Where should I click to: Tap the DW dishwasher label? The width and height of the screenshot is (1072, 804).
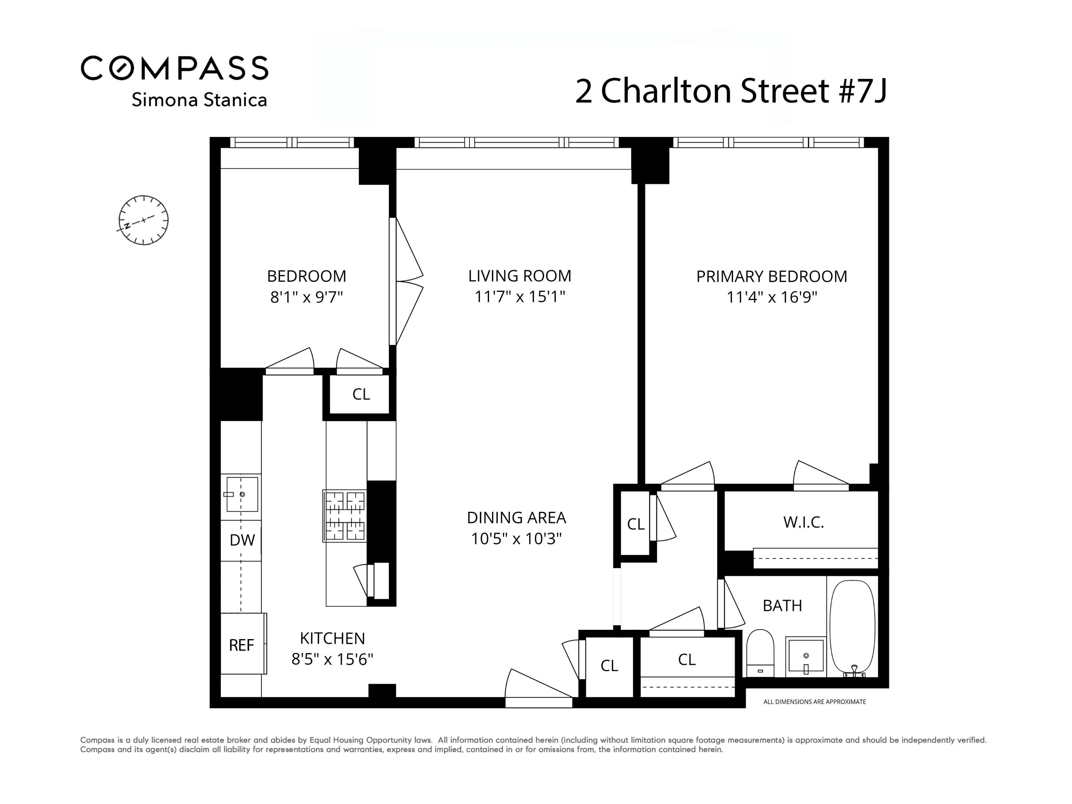pos(242,540)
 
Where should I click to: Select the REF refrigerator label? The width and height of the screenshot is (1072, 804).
pos(241,645)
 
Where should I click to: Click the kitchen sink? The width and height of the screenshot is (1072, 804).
pos(242,494)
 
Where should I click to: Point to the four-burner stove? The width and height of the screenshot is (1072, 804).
pos(345,516)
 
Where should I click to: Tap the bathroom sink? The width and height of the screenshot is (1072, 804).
pos(805,657)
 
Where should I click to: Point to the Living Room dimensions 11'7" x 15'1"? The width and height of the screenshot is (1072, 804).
pos(520,297)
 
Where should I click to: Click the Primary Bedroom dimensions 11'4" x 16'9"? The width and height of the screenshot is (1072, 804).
pos(772,297)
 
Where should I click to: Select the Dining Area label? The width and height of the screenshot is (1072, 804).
pos(516,518)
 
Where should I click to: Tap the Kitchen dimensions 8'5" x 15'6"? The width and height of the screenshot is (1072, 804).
pos(332,660)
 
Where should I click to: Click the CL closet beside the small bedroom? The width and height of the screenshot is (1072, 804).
pos(361,394)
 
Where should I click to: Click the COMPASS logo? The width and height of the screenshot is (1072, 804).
pos(175,68)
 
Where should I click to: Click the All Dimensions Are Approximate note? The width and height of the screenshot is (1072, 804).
pos(814,702)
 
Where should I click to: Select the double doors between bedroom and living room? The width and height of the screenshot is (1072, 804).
pos(406,281)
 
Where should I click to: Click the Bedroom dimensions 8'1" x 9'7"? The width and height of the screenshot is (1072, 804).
pos(306,297)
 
